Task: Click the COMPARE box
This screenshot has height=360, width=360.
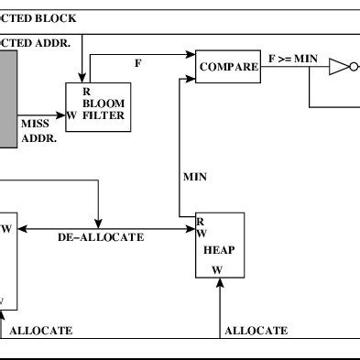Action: [229, 66]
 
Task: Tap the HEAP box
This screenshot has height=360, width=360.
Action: [220, 245]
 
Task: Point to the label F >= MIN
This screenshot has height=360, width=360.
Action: [292, 60]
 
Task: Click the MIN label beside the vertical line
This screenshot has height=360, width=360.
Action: [195, 175]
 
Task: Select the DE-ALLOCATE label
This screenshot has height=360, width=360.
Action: [101, 236]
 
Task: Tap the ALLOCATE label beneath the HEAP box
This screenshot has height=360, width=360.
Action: [256, 330]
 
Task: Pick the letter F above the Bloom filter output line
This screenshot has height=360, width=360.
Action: [138, 63]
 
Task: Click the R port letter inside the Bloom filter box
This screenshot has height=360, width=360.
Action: [86, 90]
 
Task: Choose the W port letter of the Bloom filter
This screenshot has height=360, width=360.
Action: [71, 115]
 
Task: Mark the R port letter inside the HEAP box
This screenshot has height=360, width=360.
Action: [201, 222]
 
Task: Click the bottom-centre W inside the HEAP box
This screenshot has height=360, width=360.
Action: [217, 269]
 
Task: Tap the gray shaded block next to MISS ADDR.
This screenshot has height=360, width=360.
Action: [8, 98]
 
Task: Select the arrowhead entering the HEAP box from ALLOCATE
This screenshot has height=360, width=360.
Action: [220, 283]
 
